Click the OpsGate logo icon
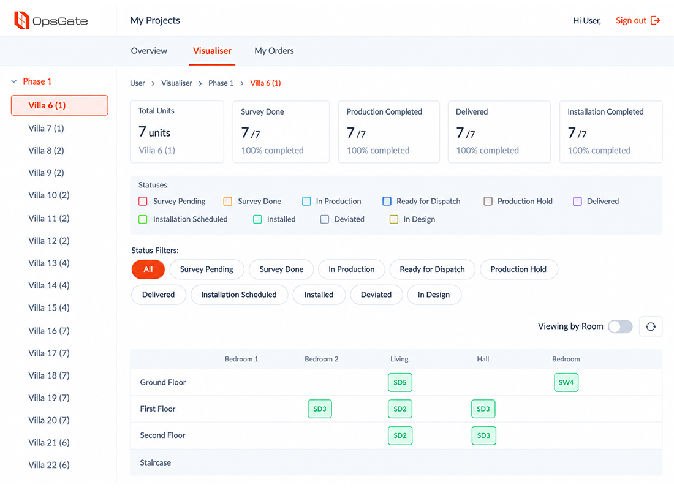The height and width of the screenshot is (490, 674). click(22, 20)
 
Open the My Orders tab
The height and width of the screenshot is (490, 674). click(274, 51)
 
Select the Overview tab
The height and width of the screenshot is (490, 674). click(149, 51)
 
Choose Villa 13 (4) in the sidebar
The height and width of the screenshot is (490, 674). click(49, 263)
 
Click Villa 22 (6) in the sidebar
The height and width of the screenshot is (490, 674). click(49, 465)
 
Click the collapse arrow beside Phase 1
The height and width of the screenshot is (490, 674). click(13, 81)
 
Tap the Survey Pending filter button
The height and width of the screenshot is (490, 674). click(206, 269)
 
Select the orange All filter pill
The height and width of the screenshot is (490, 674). click(148, 269)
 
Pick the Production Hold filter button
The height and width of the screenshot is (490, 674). click(518, 269)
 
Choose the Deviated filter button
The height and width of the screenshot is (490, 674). click(376, 295)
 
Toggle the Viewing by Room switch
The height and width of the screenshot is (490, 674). click(620, 326)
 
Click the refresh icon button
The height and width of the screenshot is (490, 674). click(651, 326)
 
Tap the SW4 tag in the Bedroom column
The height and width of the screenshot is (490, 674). click(566, 382)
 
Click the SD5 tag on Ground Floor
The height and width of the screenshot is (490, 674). click(399, 382)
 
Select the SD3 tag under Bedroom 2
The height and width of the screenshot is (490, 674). click(320, 409)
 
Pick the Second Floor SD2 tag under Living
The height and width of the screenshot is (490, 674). click(399, 435)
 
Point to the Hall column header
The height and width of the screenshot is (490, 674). click(483, 359)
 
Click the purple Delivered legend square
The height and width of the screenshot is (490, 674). click(577, 201)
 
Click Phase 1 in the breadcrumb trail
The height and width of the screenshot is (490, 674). click(221, 83)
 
